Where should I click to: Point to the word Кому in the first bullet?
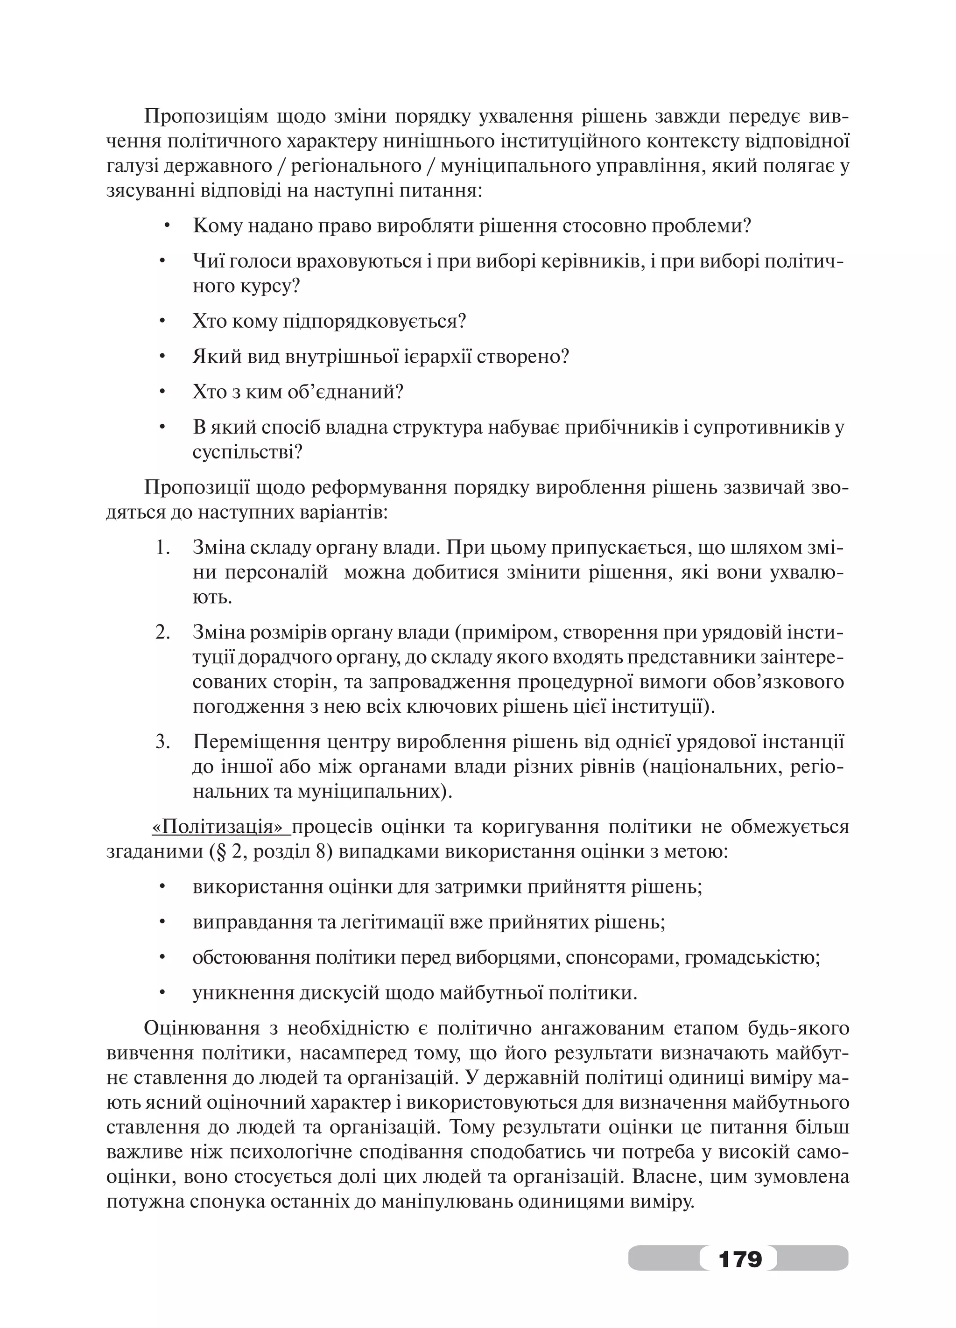(217, 226)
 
